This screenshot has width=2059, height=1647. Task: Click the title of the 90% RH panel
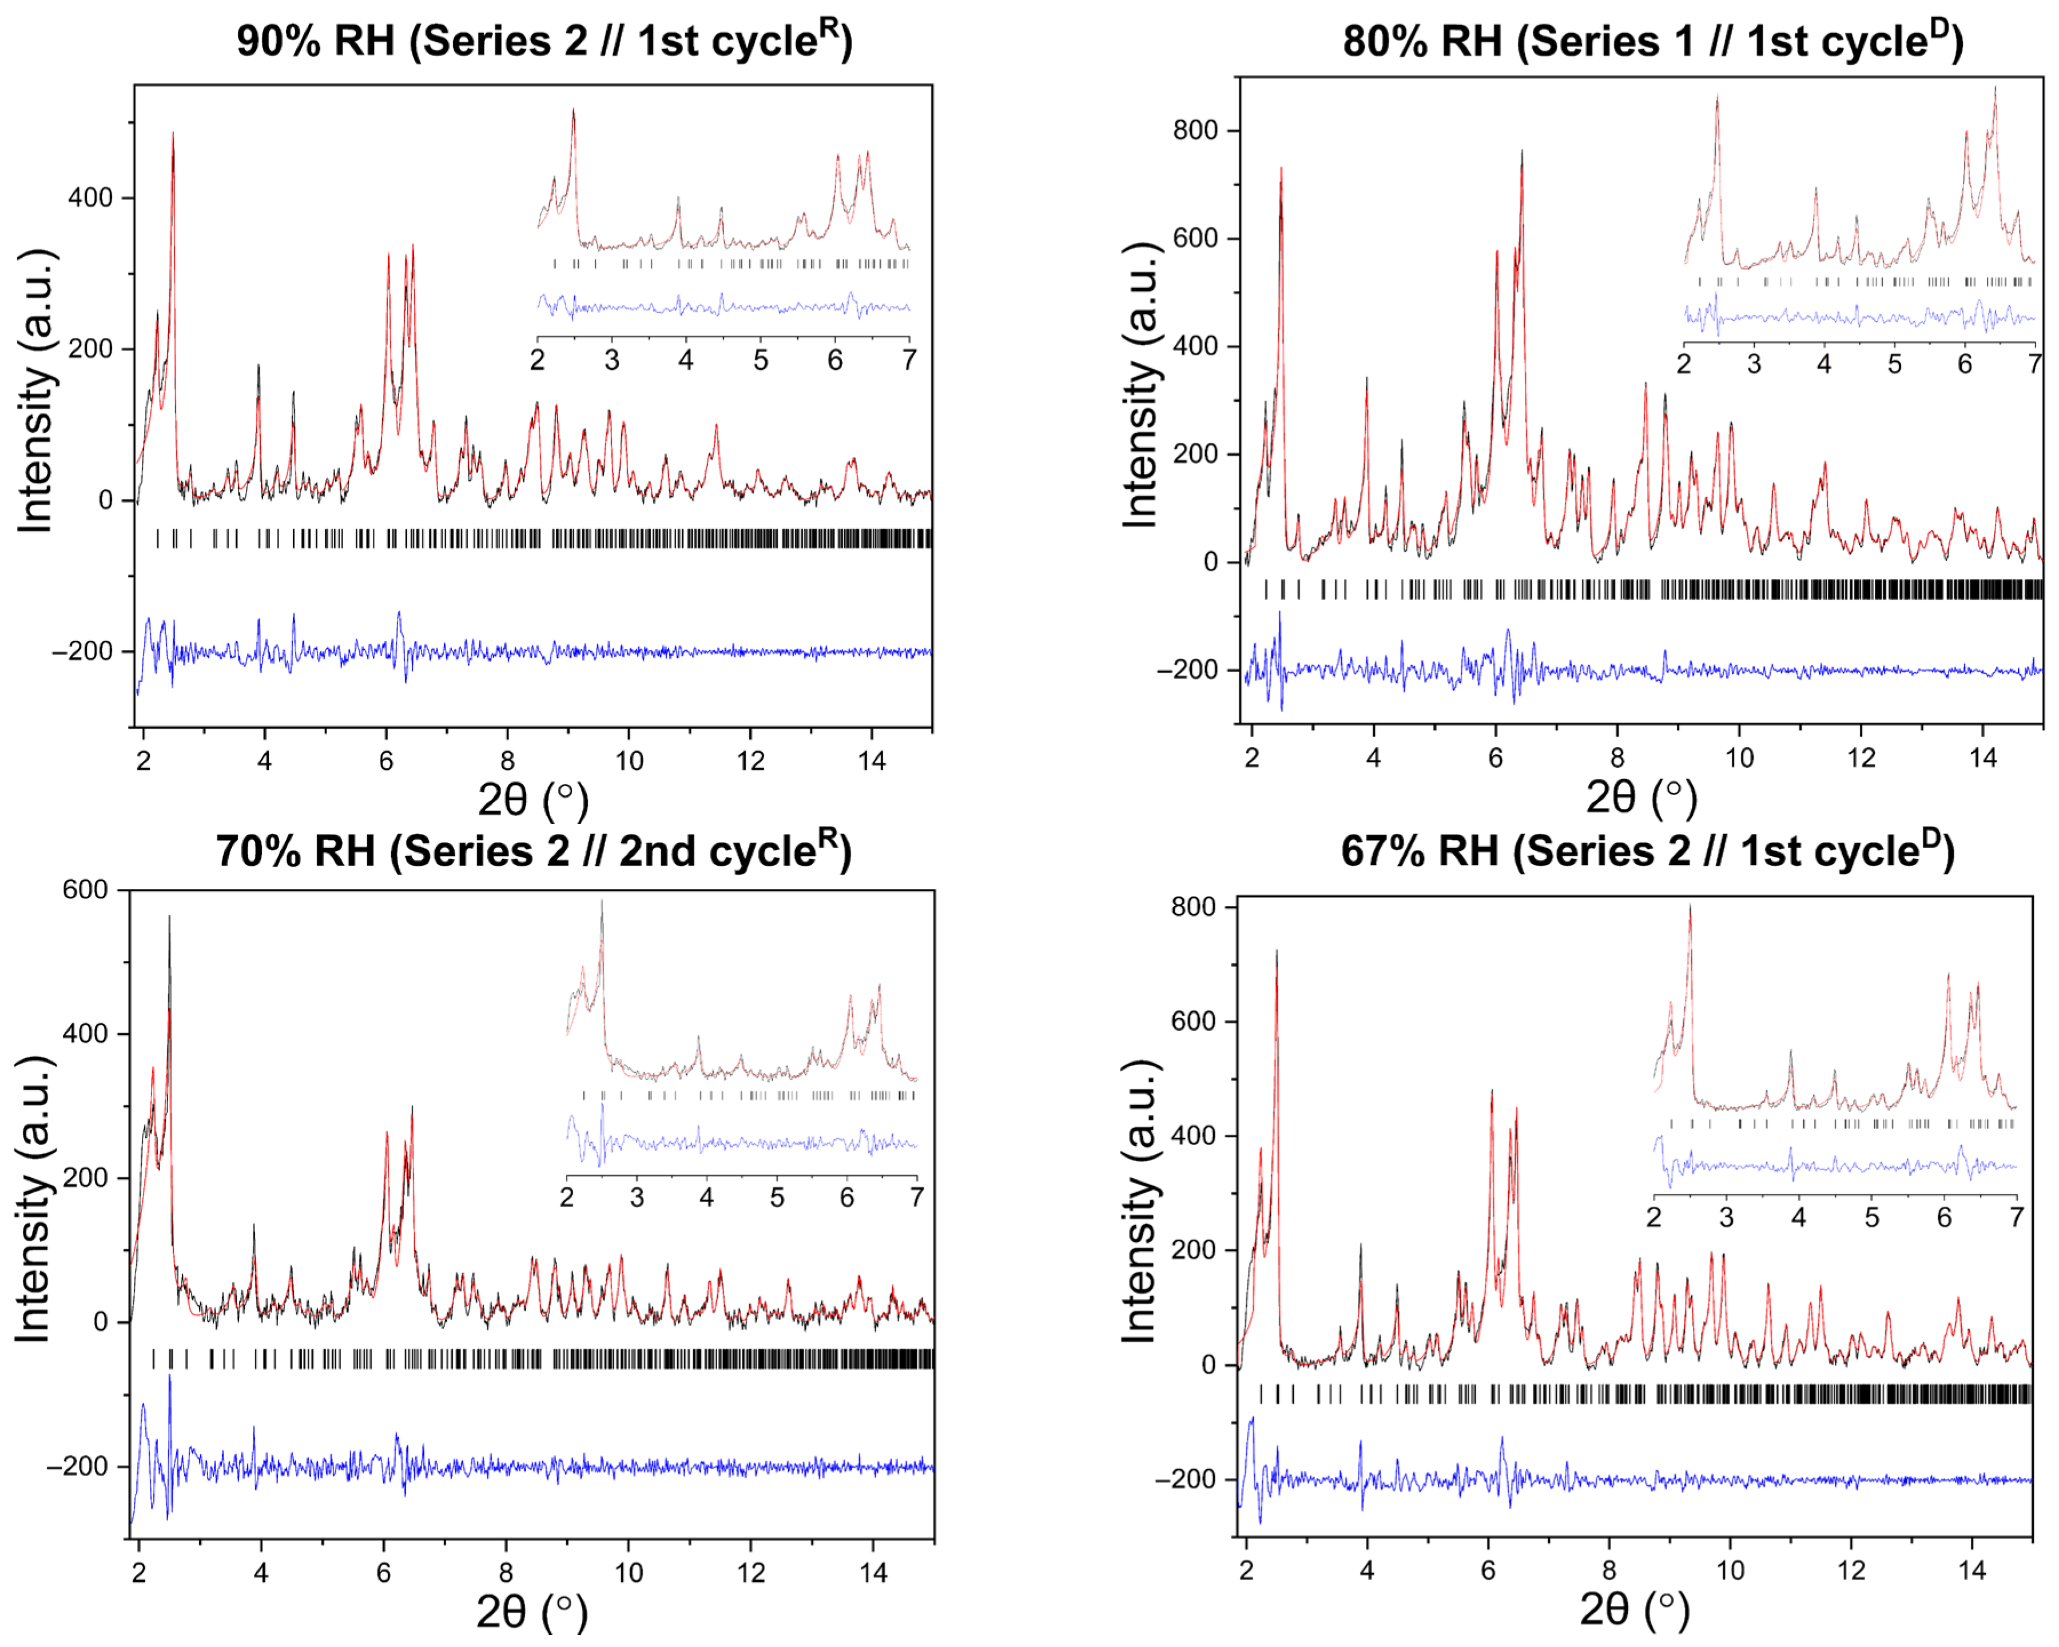click(x=544, y=41)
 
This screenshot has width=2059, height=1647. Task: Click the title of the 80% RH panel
click(x=1652, y=41)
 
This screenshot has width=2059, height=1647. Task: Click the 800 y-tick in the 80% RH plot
click(x=1196, y=131)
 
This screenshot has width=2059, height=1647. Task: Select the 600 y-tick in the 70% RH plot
click(x=85, y=890)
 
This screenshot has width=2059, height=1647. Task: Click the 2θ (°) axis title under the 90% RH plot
click(x=533, y=800)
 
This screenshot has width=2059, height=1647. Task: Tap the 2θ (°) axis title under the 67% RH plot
click(x=1635, y=1609)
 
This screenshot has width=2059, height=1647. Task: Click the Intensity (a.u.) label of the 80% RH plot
click(x=1140, y=385)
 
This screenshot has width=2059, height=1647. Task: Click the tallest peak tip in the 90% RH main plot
click(x=173, y=134)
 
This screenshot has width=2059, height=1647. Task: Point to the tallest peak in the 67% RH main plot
click(x=1277, y=951)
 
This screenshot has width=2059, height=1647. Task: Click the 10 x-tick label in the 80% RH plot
click(x=1739, y=758)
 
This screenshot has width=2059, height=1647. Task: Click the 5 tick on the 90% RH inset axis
click(x=760, y=361)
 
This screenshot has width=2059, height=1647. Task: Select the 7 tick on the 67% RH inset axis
click(x=2016, y=1217)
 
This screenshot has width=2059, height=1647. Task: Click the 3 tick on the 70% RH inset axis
click(x=637, y=1197)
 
